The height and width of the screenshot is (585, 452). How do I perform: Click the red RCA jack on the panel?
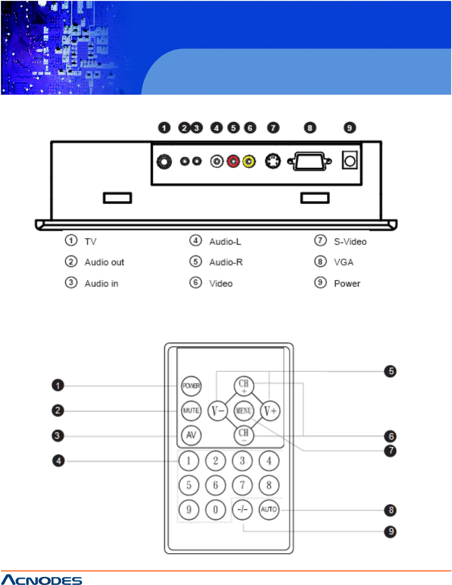coord(233,162)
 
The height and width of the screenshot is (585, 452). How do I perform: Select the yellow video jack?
coord(249,162)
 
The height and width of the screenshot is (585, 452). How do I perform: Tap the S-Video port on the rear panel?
coord(273,161)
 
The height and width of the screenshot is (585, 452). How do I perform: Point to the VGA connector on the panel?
coord(309,162)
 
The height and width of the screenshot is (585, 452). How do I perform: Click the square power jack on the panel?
coord(350,161)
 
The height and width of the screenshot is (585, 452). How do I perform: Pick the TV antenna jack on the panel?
coord(164,162)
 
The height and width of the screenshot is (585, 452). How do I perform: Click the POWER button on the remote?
coord(191,386)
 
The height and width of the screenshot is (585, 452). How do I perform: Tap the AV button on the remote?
coord(191,435)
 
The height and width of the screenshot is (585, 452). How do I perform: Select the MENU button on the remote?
coord(244,410)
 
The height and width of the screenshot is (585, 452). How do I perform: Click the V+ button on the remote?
coord(270,411)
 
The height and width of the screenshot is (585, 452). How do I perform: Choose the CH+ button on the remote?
coord(244,385)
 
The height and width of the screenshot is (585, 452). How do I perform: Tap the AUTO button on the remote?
coord(269,509)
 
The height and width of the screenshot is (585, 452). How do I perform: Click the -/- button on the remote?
coord(243,509)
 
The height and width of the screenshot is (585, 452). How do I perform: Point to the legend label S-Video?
coord(350,242)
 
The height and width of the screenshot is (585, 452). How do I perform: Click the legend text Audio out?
coord(104,262)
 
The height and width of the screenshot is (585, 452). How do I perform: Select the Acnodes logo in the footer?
coord(42,580)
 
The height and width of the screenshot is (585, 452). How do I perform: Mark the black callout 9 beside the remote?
coord(391,532)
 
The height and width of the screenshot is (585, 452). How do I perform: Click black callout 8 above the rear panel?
coord(310,128)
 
